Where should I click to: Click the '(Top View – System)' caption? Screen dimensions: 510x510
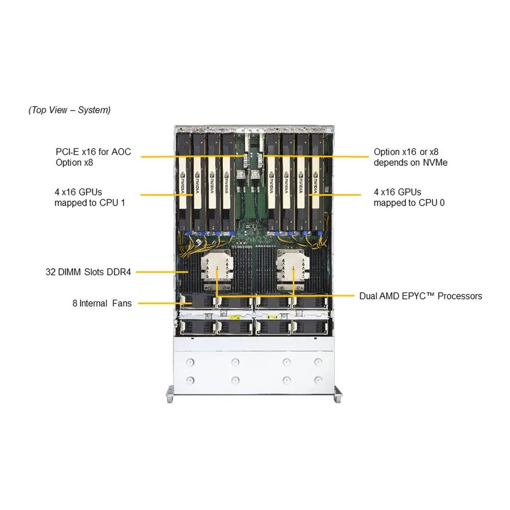[x=69, y=110]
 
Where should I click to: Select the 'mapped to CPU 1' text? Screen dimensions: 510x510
[x=90, y=202]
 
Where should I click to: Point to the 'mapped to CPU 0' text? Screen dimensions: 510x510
[x=409, y=202]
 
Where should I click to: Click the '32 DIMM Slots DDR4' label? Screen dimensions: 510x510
[x=88, y=272]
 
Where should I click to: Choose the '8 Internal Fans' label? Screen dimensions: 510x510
[x=102, y=303]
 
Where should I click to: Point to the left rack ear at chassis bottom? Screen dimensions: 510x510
[x=170, y=395]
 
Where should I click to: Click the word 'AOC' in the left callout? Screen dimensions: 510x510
[x=121, y=151]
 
